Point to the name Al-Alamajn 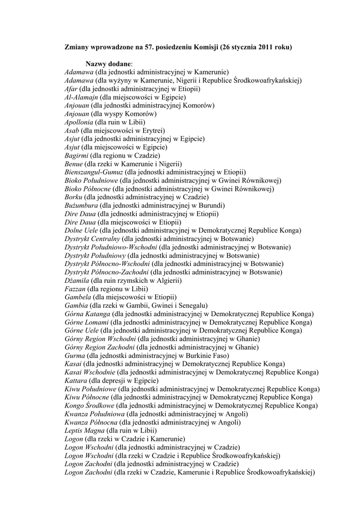[x=81, y=97]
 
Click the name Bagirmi [x=76, y=156]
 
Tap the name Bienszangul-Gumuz [x=93, y=172]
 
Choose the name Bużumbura [x=81, y=205]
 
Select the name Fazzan [x=75, y=289]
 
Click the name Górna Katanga [x=87, y=314]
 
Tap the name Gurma [x=75, y=355]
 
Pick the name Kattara [x=76, y=380]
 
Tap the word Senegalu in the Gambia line [x=193, y=305]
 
